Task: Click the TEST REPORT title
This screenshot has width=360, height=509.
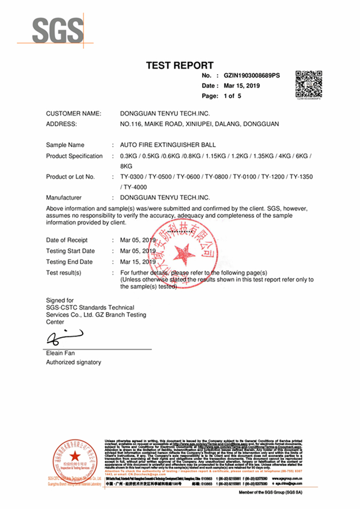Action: [x=180, y=65]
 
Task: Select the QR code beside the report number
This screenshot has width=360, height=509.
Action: [x=309, y=85]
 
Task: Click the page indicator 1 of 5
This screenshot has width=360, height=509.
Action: [x=233, y=96]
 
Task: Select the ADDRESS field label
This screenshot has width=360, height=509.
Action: [x=62, y=123]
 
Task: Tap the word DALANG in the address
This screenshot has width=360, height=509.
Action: [x=225, y=123]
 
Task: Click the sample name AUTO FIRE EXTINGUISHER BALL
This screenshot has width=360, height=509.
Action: [x=168, y=145]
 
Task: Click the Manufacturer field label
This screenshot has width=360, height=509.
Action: [x=64, y=198]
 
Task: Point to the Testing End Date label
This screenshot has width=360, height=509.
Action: [x=69, y=262]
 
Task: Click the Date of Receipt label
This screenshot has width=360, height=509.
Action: [x=67, y=240]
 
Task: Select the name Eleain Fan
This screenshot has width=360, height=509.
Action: [x=60, y=353]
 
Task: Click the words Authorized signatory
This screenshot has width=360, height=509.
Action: [x=74, y=362]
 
